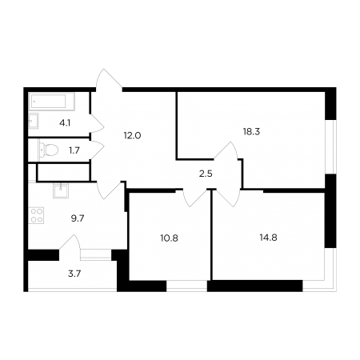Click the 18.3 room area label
pyautogui.click(x=251, y=131)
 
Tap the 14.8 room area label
pyautogui.click(x=268, y=237)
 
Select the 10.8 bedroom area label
pyautogui.click(x=169, y=238)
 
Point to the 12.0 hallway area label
pyautogui.click(x=132, y=136)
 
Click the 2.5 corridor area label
pyautogui.click(x=206, y=174)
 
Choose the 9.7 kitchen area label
pyautogui.click(x=78, y=218)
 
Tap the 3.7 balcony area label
pyautogui.click(x=74, y=274)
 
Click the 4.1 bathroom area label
pyautogui.click(x=65, y=123)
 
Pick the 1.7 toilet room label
pyautogui.click(x=74, y=150)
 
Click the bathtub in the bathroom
pyautogui.click(x=51, y=102)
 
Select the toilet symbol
pyautogui.click(x=49, y=150)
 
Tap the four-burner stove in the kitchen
pyautogui.click(x=36, y=215)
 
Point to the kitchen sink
pyautogui.click(x=61, y=190)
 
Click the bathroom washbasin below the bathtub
pyautogui.click(x=34, y=121)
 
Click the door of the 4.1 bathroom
pyautogui.click(x=97, y=123)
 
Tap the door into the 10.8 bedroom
pyautogui.click(x=195, y=198)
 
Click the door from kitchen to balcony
pyautogui.click(x=70, y=243)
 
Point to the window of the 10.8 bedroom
pyautogui.click(x=186, y=286)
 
